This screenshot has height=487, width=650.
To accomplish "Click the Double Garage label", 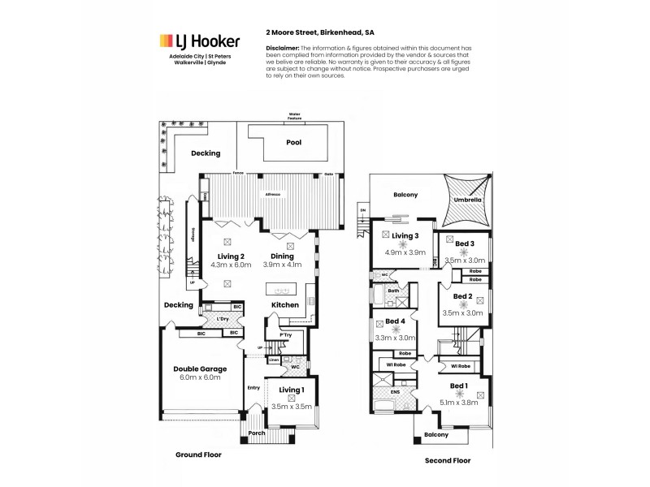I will (200, 368).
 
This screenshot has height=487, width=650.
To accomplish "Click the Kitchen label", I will (285, 304).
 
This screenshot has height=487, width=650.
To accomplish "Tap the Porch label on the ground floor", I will (257, 432).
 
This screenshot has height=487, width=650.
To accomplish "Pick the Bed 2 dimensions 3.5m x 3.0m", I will (463, 312).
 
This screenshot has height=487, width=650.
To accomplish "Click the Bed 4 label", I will (395, 321).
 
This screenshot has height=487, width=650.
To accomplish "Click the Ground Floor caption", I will (199, 455).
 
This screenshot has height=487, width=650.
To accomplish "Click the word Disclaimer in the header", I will (283, 48).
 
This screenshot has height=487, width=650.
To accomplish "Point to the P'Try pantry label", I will (285, 334).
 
